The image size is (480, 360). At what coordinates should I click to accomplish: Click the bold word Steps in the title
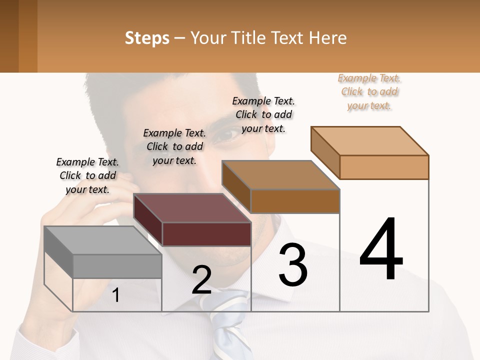tap(147, 38)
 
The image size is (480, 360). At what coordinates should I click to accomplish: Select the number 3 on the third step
tap(293, 265)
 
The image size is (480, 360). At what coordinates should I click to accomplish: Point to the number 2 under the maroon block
tap(202, 280)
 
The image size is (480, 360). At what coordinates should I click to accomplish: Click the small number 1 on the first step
tap(116, 295)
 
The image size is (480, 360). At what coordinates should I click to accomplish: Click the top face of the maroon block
tap(192, 208)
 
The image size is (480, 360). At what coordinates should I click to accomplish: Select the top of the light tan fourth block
tap(370, 141)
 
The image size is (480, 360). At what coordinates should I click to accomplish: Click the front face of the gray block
tap(117, 266)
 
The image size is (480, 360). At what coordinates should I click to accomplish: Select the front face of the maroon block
tap(206, 234)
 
